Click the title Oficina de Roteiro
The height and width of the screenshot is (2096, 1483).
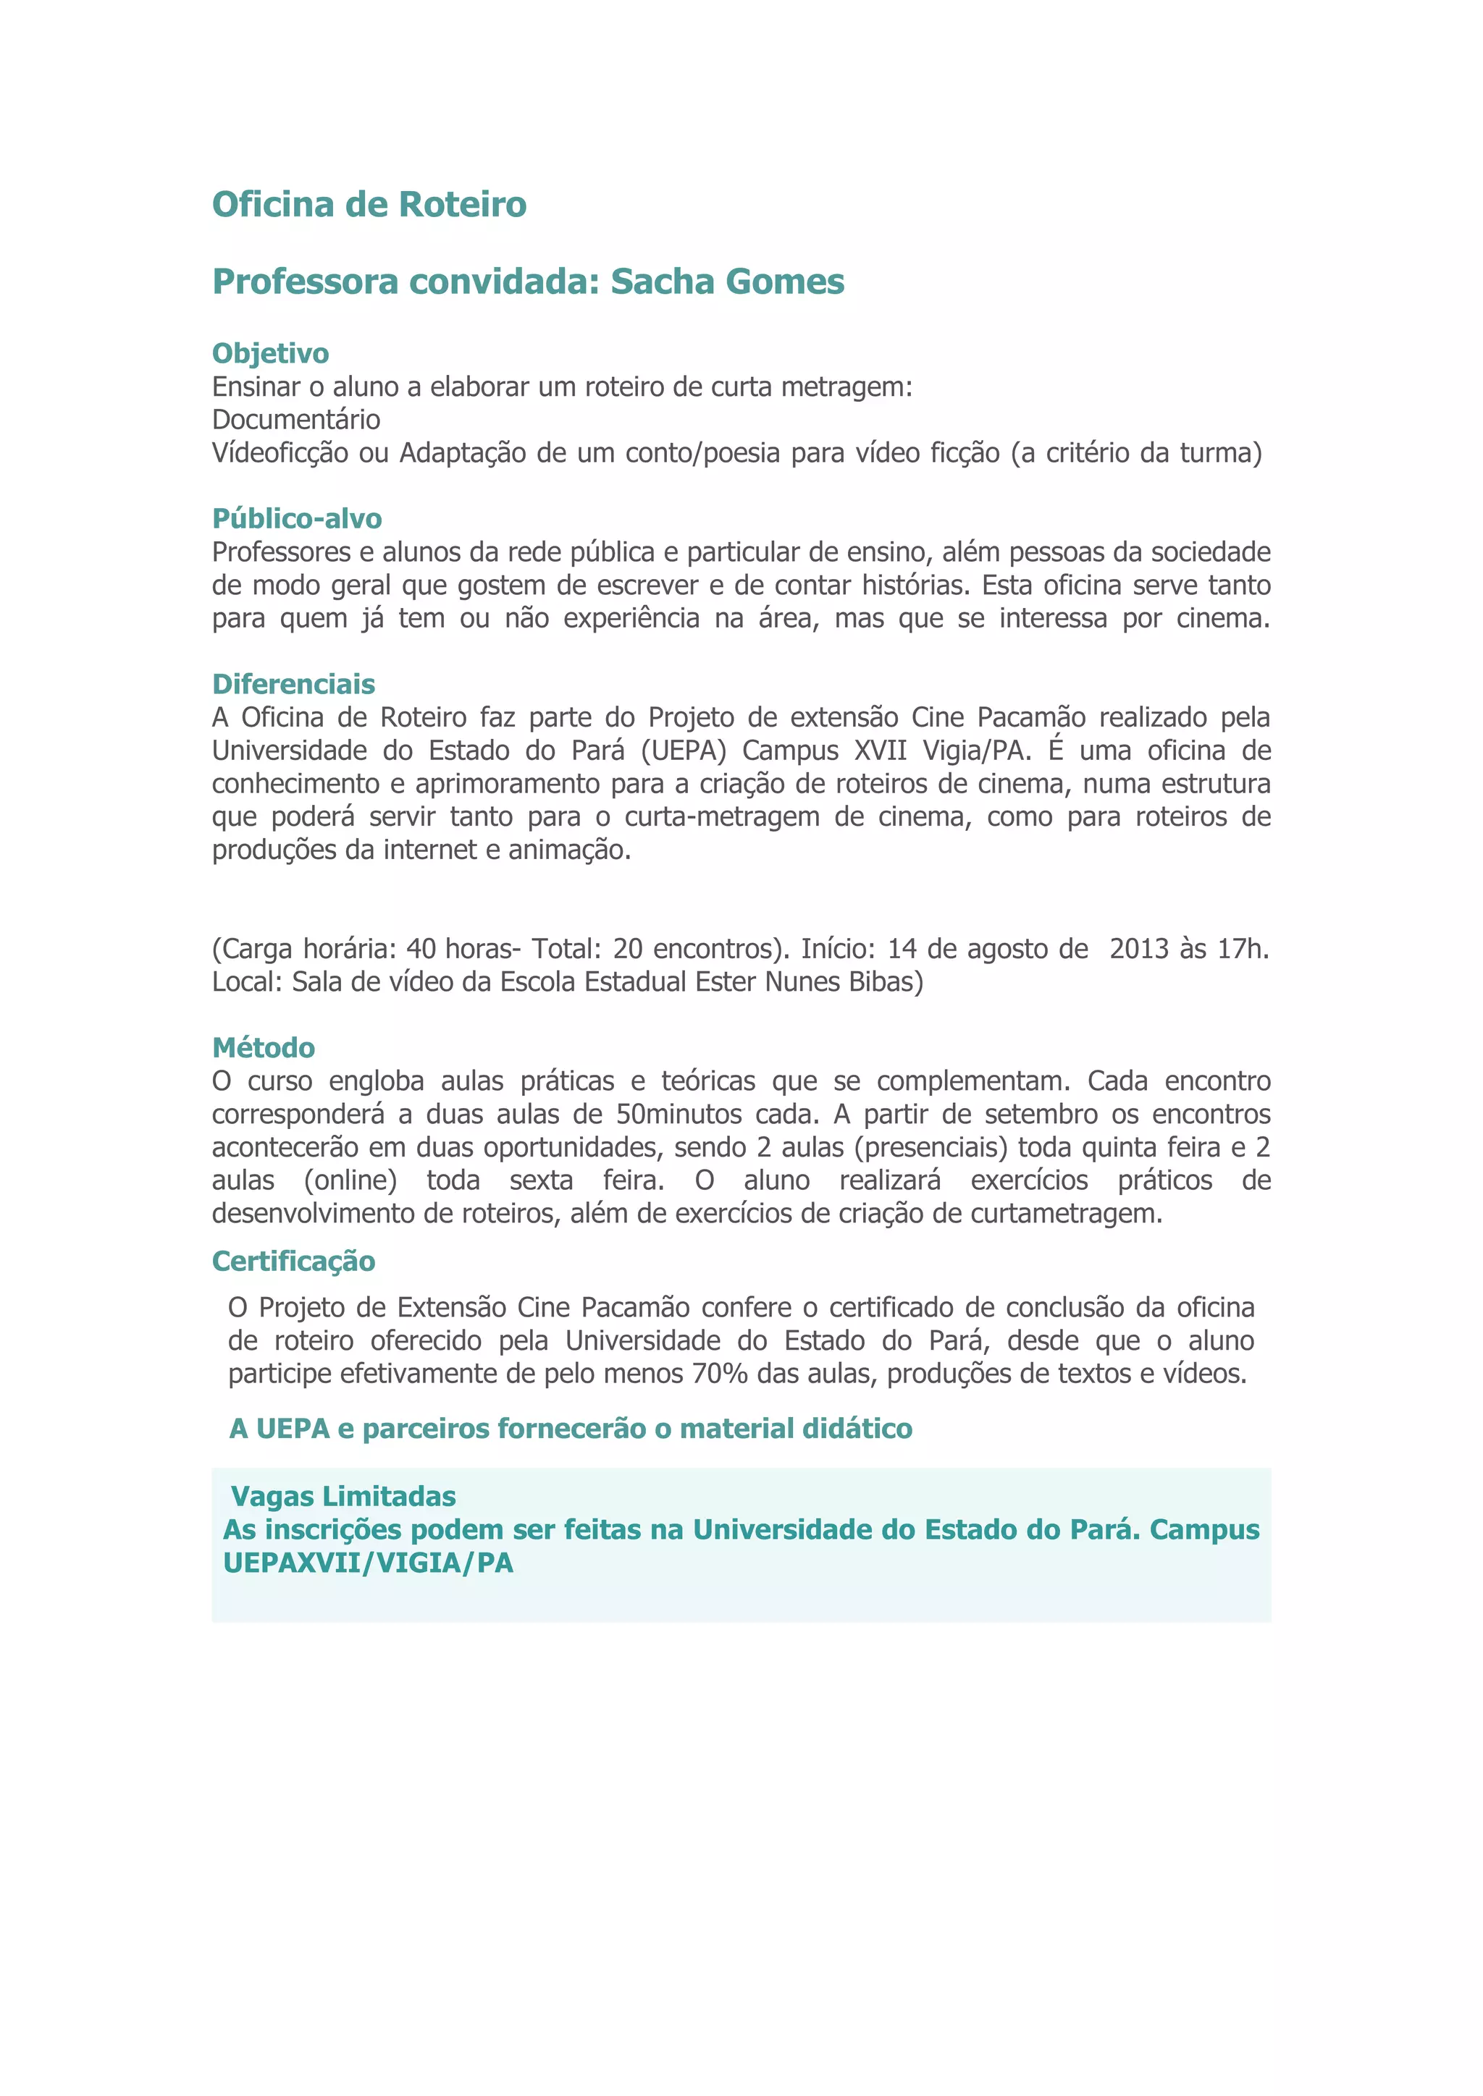tap(369, 205)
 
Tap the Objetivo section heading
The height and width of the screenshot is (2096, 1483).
tap(270, 353)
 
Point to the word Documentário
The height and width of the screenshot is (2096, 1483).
tap(296, 420)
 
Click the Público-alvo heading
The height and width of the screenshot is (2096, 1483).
tap(297, 518)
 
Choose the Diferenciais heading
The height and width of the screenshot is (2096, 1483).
tap(293, 684)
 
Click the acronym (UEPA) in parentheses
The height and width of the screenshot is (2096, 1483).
tap(684, 751)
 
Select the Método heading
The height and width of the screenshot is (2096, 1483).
tap(263, 1047)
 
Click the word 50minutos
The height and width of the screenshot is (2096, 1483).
tap(679, 1115)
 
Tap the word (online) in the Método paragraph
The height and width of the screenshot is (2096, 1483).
tap(350, 1180)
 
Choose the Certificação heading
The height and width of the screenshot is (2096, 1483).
tap(293, 1261)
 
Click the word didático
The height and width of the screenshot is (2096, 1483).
tap(856, 1429)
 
